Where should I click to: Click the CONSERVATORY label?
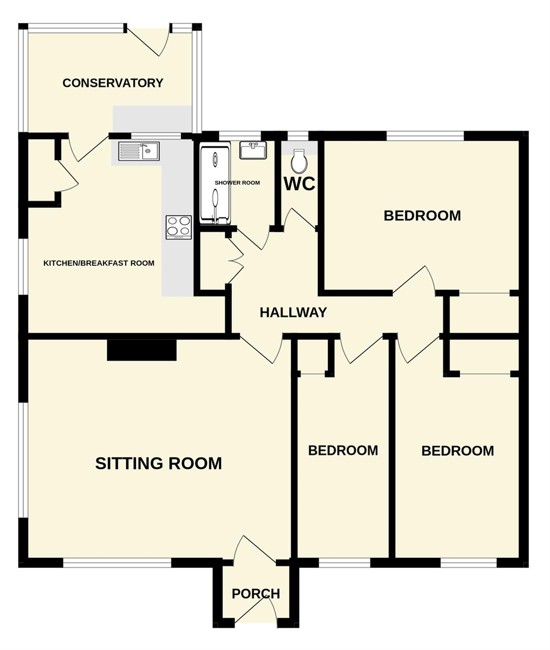[113, 83]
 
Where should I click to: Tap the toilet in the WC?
[299, 160]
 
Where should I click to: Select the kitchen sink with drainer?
[139, 151]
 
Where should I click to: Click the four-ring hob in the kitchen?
[179, 227]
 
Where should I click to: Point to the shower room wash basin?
[253, 150]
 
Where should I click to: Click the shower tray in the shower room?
[215, 183]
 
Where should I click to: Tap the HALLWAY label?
[293, 312]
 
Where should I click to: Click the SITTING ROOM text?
[159, 463]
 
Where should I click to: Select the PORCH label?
[256, 593]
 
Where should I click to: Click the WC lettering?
[299, 183]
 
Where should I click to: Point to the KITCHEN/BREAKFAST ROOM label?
[99, 263]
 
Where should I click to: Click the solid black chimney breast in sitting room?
[142, 350]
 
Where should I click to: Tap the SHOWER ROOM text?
[237, 182]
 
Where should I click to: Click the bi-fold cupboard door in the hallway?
[236, 260]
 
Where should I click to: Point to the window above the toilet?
[298, 136]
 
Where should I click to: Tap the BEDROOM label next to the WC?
[422, 215]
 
